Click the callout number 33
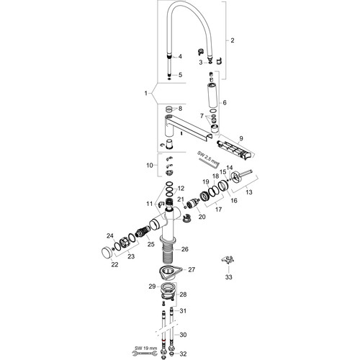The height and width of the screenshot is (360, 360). tap(229, 277)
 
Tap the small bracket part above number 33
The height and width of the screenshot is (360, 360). tap(228, 260)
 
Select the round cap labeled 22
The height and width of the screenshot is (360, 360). tap(106, 253)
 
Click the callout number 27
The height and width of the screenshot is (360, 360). tap(192, 269)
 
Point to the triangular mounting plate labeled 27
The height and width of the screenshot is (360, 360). tap(169, 273)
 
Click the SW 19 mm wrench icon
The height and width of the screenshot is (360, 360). tap(143, 353)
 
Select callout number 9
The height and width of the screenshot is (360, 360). tap(241, 138)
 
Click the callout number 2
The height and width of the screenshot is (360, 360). tap(232, 40)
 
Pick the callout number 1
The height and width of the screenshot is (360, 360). tap(146, 93)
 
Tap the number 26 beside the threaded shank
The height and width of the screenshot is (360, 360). tap(185, 249)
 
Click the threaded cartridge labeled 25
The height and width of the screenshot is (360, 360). tap(143, 232)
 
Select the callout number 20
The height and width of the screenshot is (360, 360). tap(202, 217)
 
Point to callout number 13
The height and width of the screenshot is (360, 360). tap(249, 192)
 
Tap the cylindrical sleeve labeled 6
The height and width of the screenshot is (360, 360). tap(213, 95)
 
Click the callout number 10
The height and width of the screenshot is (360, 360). tap(150, 166)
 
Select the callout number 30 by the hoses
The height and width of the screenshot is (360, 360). tap(183, 335)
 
